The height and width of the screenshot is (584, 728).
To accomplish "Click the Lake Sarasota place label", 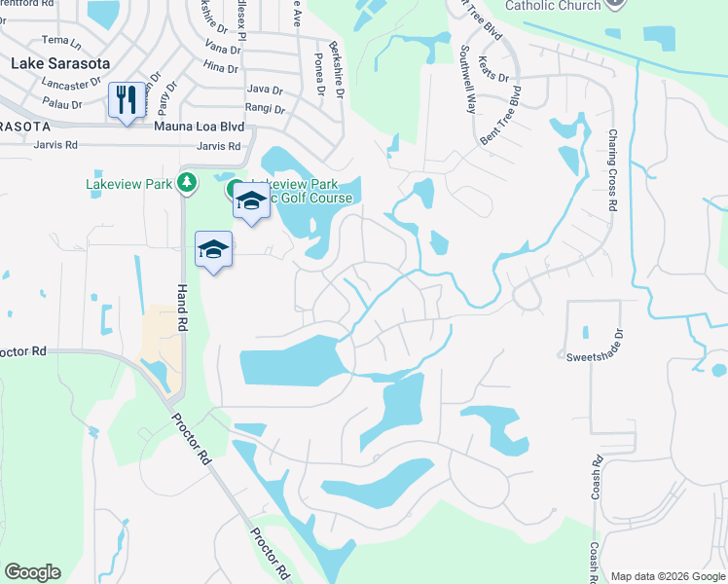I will point(58,63).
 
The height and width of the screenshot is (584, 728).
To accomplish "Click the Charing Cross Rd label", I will point(612,170).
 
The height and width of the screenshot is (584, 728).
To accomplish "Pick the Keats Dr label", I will point(496,73).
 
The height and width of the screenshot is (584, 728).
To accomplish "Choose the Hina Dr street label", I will point(221,68).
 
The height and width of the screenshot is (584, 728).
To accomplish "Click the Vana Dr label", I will point(223,47).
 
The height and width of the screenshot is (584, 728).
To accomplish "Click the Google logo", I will point(32,572).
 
